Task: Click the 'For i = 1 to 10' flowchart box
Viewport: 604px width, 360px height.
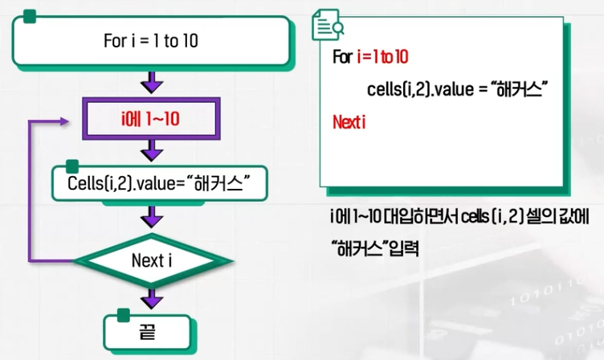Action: (x=150, y=41)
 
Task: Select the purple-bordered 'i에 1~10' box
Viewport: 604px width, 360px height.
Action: (x=152, y=119)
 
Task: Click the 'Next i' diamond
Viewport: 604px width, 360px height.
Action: (x=152, y=260)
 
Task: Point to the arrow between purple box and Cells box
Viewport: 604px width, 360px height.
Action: (x=151, y=150)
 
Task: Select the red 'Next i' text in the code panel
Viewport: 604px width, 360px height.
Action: (x=349, y=123)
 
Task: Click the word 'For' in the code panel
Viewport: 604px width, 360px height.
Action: (x=341, y=58)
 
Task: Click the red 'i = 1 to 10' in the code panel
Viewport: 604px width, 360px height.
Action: (x=382, y=58)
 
